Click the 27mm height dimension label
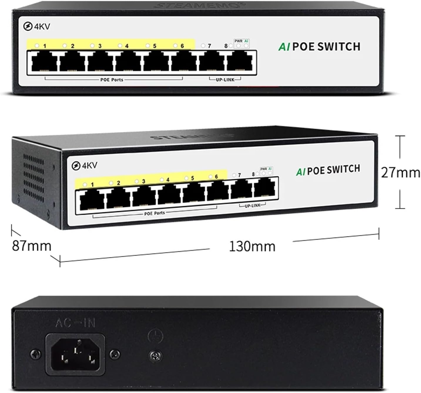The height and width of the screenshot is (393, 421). coord(400,173)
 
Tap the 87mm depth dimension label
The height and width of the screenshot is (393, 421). coord(31,246)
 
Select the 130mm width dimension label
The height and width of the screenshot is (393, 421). coord(252,246)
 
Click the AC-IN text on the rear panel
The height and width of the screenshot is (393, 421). coord(76,324)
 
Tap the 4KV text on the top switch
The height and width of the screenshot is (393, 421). coord(42,27)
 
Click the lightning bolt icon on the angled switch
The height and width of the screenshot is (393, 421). coord(76,166)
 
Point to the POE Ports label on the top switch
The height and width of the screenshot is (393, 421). coord(112,80)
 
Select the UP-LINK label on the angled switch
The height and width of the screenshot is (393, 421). coord(252,205)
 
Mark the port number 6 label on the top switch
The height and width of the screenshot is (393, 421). coord(182,46)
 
